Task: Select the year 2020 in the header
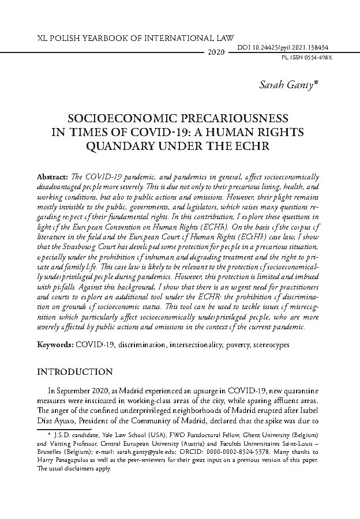click(x=215, y=52)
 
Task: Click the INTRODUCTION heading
click(x=74, y=372)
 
